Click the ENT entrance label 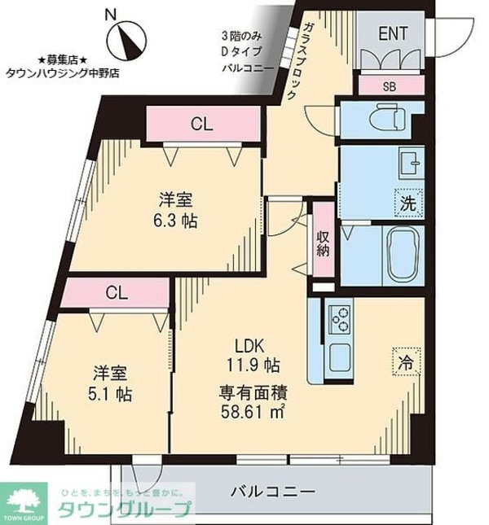(x=393, y=33)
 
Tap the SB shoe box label (x=389, y=87)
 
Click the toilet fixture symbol (x=390, y=117)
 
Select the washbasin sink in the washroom (x=411, y=164)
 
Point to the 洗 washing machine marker (x=408, y=203)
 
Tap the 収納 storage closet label (x=323, y=243)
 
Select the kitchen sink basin (x=340, y=357)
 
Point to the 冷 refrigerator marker (x=406, y=362)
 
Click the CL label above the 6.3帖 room (x=201, y=124)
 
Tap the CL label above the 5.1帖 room (x=117, y=293)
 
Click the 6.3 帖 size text (x=175, y=221)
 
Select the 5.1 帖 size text (x=110, y=394)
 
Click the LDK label (x=249, y=346)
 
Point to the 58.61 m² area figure (x=253, y=411)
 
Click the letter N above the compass (x=110, y=15)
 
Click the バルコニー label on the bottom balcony (x=273, y=492)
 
